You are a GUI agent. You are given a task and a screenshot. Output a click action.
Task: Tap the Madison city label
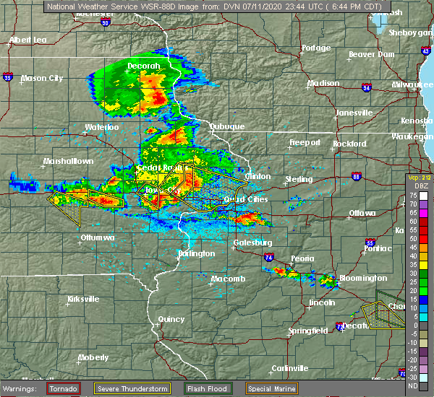coord(323,83)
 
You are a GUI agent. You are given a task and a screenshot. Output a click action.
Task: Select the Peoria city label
coord(302,258)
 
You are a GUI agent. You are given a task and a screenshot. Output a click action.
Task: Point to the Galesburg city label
coord(252,243)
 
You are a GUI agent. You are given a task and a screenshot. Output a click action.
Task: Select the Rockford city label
coord(351,144)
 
